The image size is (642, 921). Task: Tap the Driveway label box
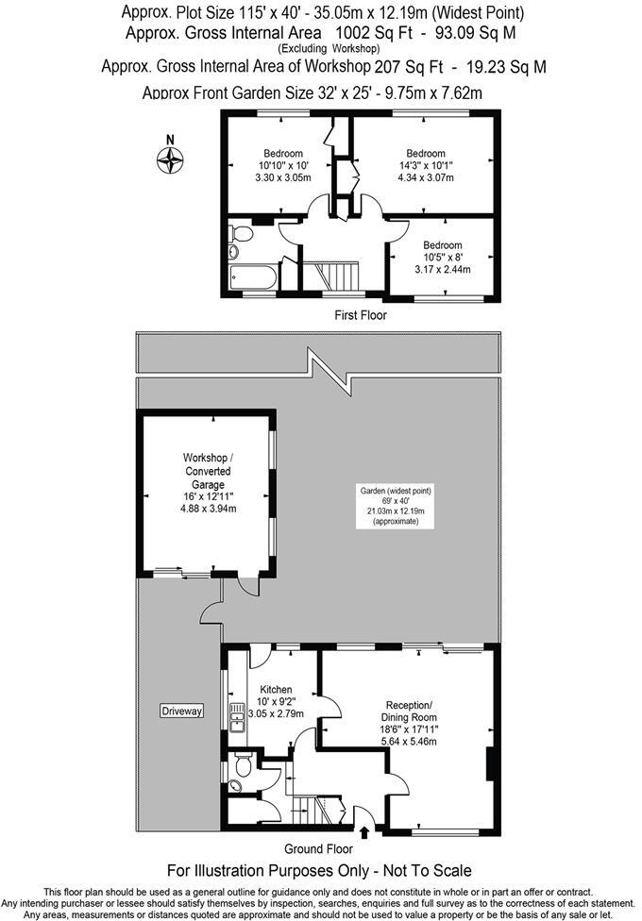coord(182,711)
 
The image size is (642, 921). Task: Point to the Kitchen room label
coord(277,690)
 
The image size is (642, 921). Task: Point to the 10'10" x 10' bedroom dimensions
coord(282,166)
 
